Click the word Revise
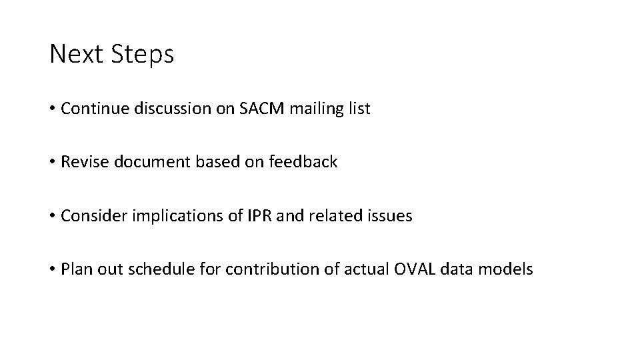[81, 162]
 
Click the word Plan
[73, 269]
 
